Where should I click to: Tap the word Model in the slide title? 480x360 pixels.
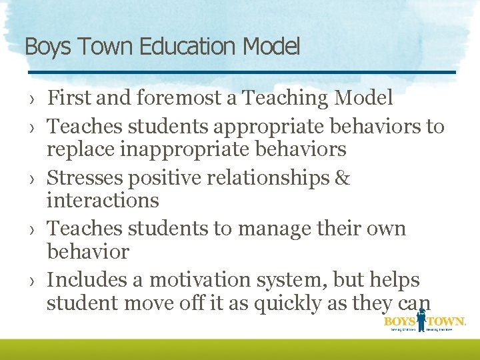point(271,47)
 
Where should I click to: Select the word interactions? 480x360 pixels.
point(103,200)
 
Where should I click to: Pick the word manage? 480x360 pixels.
point(275,228)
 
